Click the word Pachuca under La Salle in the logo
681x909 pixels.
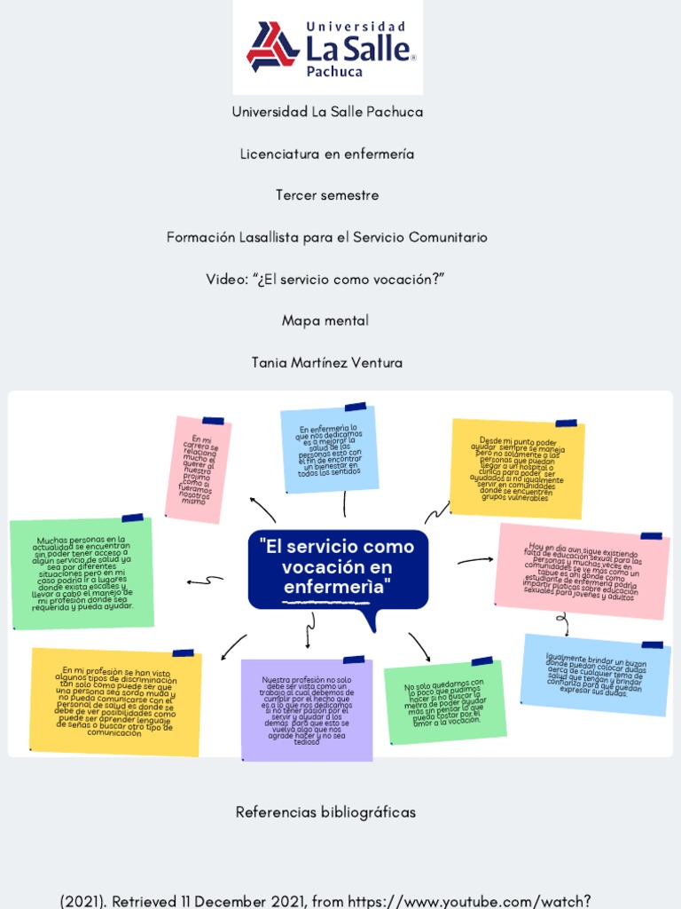[x=334, y=71]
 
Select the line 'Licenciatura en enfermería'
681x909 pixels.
[x=327, y=154]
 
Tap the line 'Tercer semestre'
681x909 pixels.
[x=327, y=195]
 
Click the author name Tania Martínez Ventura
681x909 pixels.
[x=327, y=362]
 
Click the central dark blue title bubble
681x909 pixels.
[x=338, y=569]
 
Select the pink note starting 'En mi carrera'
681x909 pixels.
[x=199, y=468]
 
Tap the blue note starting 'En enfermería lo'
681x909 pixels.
[x=329, y=450]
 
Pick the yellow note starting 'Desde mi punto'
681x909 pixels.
[x=518, y=469]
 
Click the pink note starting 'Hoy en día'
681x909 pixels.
[x=582, y=571]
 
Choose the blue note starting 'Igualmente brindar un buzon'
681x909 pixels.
[x=595, y=675]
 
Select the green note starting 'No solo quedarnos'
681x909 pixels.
[x=444, y=701]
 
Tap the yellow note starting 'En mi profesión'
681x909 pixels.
[x=115, y=702]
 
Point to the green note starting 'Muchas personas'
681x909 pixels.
[x=82, y=573]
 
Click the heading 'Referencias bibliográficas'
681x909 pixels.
[x=325, y=812]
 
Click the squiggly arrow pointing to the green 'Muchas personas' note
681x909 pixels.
[x=205, y=581]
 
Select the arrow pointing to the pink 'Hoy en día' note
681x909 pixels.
[x=475, y=560]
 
